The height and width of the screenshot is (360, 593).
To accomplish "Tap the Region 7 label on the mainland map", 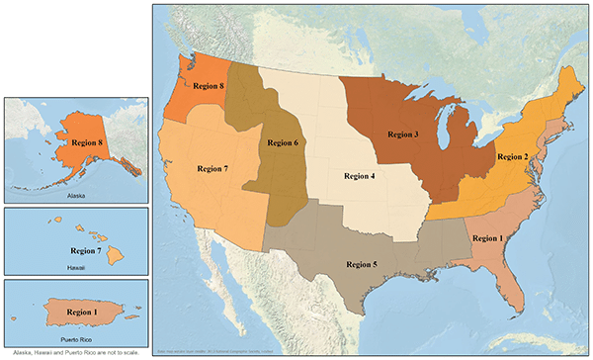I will click(x=212, y=169).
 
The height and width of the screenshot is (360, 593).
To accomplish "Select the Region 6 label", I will click(x=281, y=142).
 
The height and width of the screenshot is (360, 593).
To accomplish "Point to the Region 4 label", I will click(x=359, y=176).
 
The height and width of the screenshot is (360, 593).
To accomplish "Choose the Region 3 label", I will click(x=403, y=134).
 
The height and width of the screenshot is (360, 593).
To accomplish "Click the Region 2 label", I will click(x=514, y=156).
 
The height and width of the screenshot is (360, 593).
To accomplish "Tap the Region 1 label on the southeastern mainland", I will click(x=488, y=238).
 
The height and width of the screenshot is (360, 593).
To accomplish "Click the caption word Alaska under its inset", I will click(x=76, y=195).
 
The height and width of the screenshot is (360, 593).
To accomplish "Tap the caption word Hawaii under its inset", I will click(x=76, y=267).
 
